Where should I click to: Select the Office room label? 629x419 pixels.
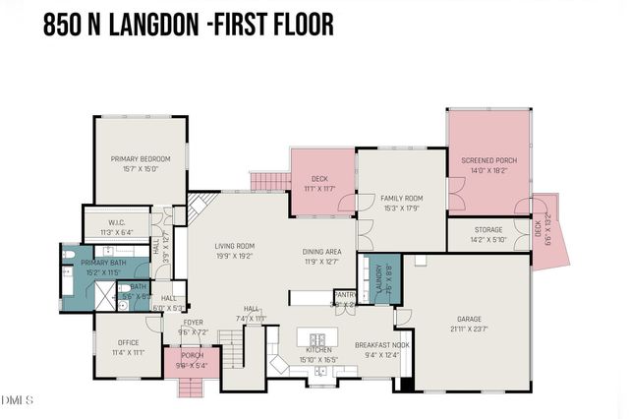click(x=128, y=343)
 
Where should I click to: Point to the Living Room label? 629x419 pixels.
click(x=235, y=246)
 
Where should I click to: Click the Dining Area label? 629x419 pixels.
click(x=321, y=252)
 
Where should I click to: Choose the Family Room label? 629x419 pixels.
click(x=401, y=199)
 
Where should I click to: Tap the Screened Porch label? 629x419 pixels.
click(x=488, y=160)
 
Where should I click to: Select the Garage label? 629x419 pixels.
click(x=469, y=320)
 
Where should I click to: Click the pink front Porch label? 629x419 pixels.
click(x=193, y=356)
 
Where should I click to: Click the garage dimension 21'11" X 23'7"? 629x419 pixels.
click(x=469, y=330)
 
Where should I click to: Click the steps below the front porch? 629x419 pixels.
click(x=192, y=387)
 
